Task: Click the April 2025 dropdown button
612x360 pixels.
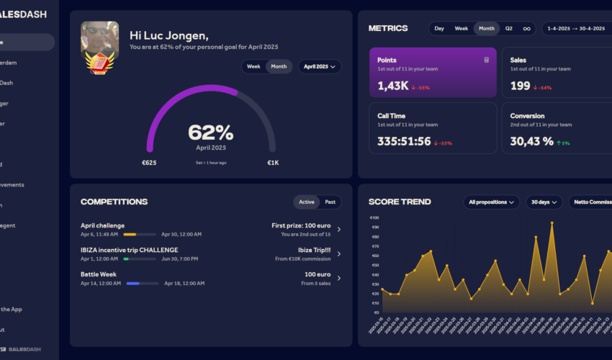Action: coord(319,66)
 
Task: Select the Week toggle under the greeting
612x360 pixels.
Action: coord(253,66)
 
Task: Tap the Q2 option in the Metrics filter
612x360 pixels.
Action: coord(508,29)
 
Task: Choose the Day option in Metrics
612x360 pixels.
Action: coord(439,29)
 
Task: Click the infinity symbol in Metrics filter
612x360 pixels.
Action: coord(526,29)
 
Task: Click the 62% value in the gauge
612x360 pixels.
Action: coord(210,132)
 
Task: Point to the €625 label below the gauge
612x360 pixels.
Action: coord(149,163)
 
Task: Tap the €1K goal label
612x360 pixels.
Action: coord(273,163)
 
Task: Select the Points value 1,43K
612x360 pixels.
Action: coord(393,86)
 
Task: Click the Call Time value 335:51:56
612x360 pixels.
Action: coord(404,142)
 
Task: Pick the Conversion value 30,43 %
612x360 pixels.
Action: coord(532,142)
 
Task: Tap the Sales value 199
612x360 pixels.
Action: coord(520,86)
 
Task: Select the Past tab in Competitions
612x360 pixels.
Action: coord(330,202)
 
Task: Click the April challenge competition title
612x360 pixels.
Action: coord(102,225)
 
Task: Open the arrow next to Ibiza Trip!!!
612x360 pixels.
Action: coord(339,254)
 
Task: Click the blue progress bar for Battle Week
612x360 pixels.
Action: coord(141,284)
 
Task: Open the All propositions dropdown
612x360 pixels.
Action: coord(492,202)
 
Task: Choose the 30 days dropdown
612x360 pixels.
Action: coord(544,202)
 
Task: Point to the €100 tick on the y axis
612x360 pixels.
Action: coord(374,218)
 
